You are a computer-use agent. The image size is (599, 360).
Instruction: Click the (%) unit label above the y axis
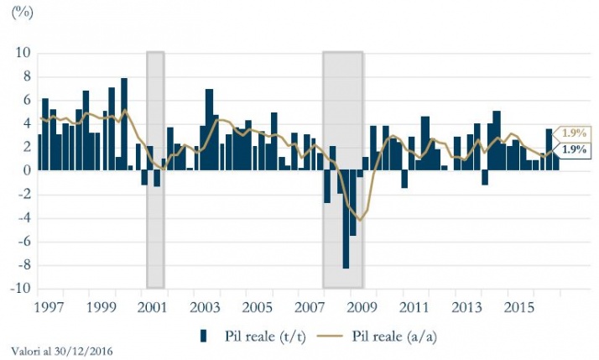[22, 15]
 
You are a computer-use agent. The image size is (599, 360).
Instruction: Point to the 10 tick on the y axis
[23, 53]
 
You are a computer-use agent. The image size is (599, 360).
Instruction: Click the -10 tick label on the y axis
[19, 290]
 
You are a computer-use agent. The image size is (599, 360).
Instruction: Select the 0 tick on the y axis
[26, 171]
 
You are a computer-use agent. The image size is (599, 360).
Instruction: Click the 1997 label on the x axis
[50, 308]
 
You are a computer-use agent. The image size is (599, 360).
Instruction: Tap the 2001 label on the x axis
[152, 308]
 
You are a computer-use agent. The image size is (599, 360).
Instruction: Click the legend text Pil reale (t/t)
[266, 337]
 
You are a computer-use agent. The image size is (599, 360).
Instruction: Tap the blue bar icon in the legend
[204, 337]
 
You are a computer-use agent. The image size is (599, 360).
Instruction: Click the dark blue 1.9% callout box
[574, 149]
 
